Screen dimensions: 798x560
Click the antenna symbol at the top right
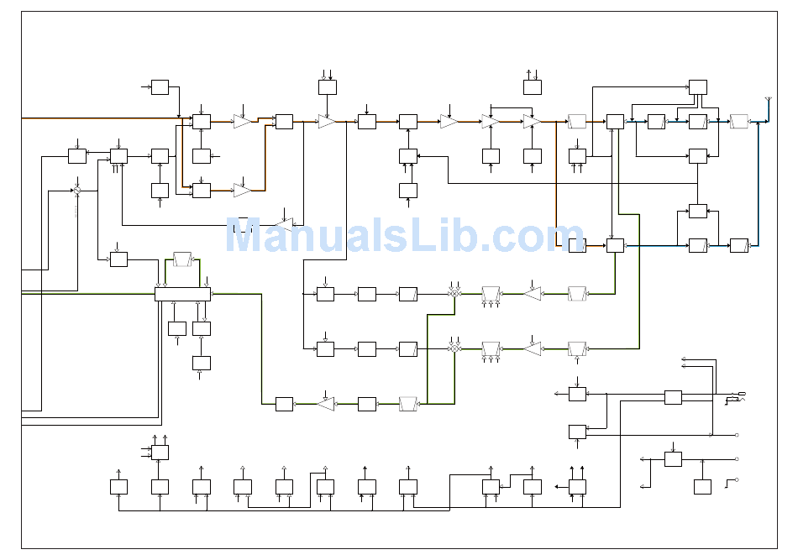[x=769, y=99]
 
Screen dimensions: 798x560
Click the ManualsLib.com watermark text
[x=405, y=235]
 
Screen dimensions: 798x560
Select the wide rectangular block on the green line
[x=183, y=294]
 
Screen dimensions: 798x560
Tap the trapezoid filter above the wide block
[x=182, y=259]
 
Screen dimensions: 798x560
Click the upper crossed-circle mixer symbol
[x=454, y=294]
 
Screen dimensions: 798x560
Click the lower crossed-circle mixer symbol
[x=454, y=349]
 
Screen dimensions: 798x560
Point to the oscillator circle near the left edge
[x=77, y=191]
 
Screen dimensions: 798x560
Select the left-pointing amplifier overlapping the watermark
[x=285, y=225]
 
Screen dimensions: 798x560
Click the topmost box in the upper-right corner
[x=698, y=87]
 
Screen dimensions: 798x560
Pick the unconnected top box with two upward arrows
[x=533, y=87]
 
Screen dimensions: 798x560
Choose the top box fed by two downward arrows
[x=328, y=87]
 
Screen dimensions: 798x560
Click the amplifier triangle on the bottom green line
[x=326, y=404]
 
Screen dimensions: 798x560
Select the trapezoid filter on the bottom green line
[x=408, y=404]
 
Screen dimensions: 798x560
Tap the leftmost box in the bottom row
[x=118, y=487]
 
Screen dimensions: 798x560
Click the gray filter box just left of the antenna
[x=739, y=122]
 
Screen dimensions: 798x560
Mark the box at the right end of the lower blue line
[x=739, y=246]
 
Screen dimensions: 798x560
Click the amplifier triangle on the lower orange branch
[x=242, y=191]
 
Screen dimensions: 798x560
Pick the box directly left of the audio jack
[x=674, y=397]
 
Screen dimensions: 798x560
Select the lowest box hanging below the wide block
[x=202, y=364]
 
